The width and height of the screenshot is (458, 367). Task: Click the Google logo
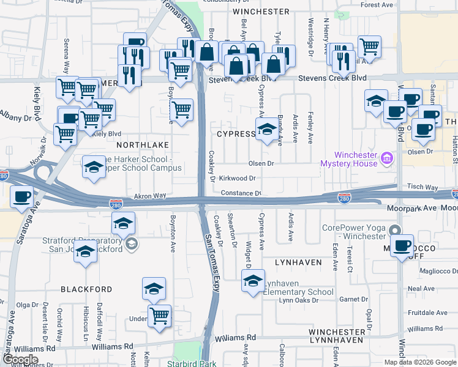[x=20, y=359]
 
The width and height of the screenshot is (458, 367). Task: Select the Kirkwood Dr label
[x=238, y=178]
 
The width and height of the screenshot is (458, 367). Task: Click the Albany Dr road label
[x=12, y=114]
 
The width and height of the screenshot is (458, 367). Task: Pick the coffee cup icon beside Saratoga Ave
[x=23, y=197]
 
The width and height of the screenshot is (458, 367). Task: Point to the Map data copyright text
[x=420, y=362]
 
